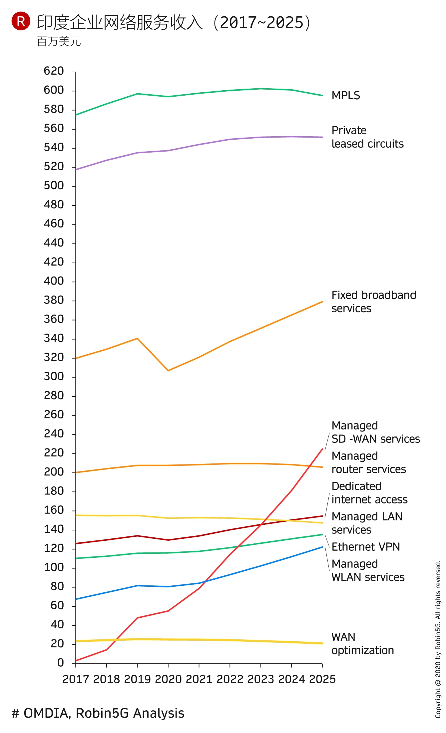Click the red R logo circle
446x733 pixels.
tap(21, 21)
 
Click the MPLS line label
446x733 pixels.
tap(345, 96)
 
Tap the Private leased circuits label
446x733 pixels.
tap(367, 137)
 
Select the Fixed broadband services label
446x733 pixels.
tap(373, 302)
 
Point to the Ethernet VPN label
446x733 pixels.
tap(365, 547)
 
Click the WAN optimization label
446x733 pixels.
tap(362, 643)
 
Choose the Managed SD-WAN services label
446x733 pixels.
tap(375, 432)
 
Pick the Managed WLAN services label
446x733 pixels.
tap(368, 570)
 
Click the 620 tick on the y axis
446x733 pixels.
tap(54, 71)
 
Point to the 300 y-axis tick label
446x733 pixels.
tap(54, 376)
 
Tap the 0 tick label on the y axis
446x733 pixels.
tap(60, 663)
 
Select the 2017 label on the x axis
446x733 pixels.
tap(76, 679)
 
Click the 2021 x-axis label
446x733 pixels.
tap(199, 679)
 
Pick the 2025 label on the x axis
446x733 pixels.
tap(322, 679)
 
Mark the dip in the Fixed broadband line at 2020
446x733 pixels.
tap(168, 370)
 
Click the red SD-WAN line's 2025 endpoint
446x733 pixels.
tap(322, 449)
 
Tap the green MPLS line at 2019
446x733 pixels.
tap(137, 94)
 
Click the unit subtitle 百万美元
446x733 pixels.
tap(59, 42)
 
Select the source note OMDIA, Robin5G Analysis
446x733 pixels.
tap(98, 713)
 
